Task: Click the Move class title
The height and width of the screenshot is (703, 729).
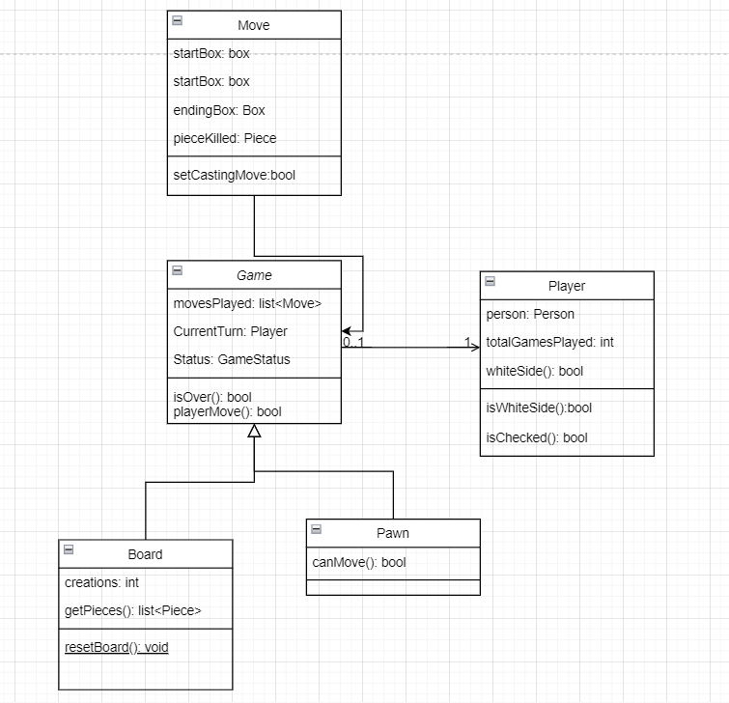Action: [x=254, y=25]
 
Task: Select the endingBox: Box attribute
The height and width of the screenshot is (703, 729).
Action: [x=219, y=110]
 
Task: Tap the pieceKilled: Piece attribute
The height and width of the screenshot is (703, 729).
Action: [x=225, y=138]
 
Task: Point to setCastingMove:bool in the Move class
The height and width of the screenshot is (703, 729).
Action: [x=234, y=176]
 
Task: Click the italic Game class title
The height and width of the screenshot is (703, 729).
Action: [x=254, y=275]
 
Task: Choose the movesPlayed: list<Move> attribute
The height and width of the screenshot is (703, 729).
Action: [x=247, y=303]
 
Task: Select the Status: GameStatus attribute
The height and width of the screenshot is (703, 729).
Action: [x=232, y=359]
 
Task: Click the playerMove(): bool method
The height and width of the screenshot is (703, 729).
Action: [x=228, y=411]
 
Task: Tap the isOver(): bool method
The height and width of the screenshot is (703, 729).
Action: [x=212, y=397]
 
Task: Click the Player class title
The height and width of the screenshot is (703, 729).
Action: [x=567, y=286]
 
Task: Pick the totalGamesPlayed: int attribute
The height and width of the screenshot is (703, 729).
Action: [x=549, y=342]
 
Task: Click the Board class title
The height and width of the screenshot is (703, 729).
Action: [x=145, y=554]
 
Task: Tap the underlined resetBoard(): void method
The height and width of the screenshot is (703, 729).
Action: [x=116, y=647]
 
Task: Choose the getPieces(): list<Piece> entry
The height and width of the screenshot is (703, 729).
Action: [x=132, y=610]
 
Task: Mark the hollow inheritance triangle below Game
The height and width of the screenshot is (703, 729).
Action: [x=254, y=432]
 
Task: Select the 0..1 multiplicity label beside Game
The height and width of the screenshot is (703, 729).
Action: [x=354, y=342]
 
